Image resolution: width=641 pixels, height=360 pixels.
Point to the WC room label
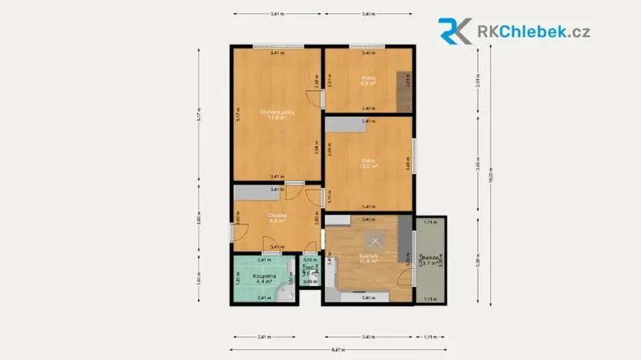308,271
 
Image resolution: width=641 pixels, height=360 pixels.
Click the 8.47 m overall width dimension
338,350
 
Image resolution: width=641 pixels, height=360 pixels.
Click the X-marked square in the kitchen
374,240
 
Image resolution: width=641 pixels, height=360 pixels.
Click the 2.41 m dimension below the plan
263,337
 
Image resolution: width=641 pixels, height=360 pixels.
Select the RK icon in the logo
455,31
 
